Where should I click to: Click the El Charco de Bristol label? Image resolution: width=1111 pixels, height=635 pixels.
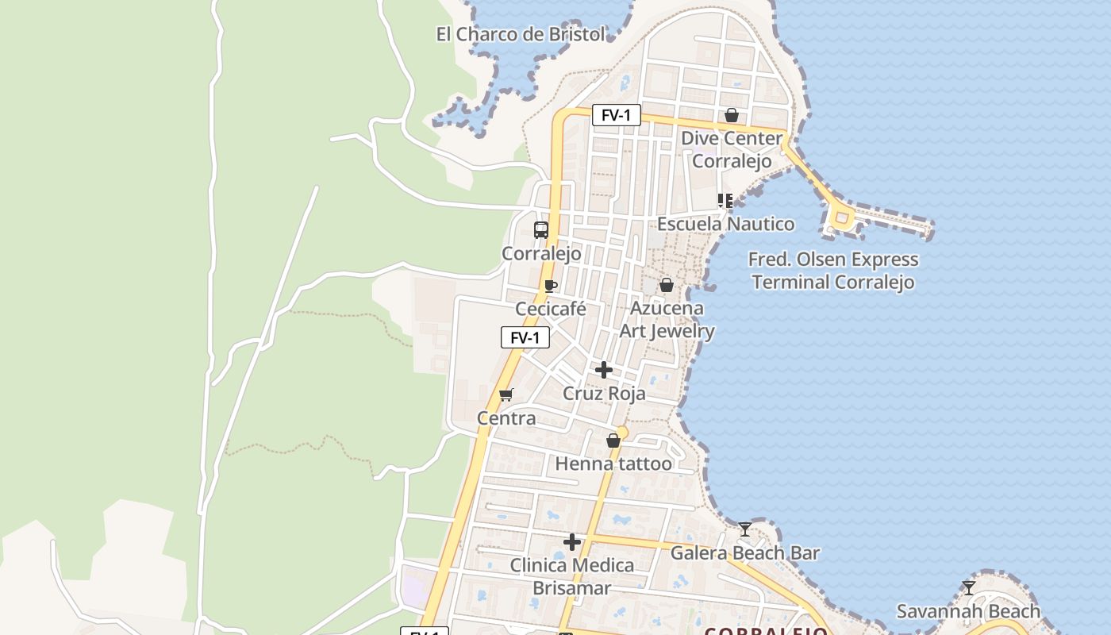coord(521,34)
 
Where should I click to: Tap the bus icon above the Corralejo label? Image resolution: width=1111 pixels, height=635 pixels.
coord(541,230)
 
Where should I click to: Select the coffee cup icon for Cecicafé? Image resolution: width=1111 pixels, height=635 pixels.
coord(551,286)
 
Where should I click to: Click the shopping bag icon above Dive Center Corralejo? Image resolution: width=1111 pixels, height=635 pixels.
coord(732,116)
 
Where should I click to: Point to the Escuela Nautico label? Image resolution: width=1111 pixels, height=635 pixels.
coord(725,224)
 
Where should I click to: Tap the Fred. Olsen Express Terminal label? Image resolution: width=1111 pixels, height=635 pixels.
coord(833,271)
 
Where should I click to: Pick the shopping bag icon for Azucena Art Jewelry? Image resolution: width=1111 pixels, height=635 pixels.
coord(667,285)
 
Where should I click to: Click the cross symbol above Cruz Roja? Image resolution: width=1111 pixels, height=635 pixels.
coord(604,370)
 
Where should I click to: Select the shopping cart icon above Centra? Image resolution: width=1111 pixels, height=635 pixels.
coord(506,394)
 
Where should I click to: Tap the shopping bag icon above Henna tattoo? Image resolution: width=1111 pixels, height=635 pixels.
coord(613,441)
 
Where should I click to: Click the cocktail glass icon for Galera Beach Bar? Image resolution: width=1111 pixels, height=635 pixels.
coord(744,529)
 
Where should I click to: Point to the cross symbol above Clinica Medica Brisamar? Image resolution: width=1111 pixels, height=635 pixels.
coord(571,542)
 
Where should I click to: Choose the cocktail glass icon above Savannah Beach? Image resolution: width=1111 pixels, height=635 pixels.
coord(968,588)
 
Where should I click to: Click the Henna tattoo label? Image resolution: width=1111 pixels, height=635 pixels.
coord(613,464)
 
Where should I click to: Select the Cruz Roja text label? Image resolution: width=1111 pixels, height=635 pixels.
coord(604,394)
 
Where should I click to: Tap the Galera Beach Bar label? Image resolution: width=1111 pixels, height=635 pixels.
coord(744,552)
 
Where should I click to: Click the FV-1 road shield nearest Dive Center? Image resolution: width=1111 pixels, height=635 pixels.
coord(616,115)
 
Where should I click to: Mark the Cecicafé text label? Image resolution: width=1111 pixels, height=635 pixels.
coord(551,309)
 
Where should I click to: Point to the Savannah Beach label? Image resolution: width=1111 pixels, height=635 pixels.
coord(968,611)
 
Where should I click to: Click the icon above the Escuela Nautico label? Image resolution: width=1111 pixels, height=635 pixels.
coord(725,201)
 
